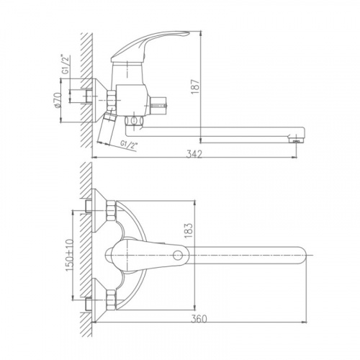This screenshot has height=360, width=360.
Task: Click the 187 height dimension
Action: coord(196,86)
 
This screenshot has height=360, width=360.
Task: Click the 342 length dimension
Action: coord(194,154)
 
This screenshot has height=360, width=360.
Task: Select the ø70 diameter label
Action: coord(58,100)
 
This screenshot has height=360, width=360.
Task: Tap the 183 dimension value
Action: coord(189,230)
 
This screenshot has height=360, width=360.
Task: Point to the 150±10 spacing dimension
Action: coord(69,256)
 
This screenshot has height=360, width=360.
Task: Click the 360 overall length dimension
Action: coord(199,319)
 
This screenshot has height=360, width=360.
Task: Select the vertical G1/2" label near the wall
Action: coord(66,64)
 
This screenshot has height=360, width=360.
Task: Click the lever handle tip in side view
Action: coord(189,32)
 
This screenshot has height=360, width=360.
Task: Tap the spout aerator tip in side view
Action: coord(296,141)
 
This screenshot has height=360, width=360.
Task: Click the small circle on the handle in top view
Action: coord(178,256)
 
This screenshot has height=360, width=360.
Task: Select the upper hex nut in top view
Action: coord(111,211)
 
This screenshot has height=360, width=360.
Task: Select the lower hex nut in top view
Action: coord(111,300)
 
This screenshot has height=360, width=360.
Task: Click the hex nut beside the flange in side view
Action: coord(111,100)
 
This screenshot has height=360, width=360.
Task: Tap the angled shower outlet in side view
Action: coord(106,129)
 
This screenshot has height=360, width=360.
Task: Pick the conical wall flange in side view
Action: coord(99,100)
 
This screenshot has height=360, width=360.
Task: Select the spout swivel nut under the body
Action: coord(134,120)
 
